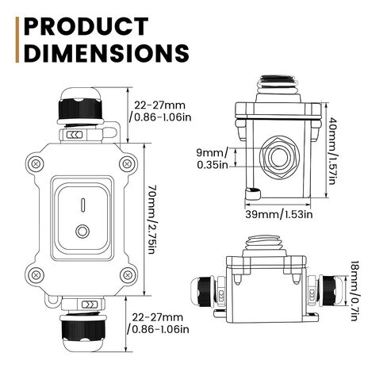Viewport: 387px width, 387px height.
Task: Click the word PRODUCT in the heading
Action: click(x=86, y=26)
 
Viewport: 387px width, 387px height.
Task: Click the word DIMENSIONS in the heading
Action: click(x=106, y=52)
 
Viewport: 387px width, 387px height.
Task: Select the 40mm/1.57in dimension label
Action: click(x=332, y=151)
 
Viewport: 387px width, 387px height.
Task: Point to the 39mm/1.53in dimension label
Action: click(x=279, y=214)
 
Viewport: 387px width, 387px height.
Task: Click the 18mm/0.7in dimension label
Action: click(x=354, y=291)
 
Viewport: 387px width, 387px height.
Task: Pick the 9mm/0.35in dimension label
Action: click(x=213, y=159)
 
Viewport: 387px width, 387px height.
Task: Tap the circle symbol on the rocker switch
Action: click(x=82, y=232)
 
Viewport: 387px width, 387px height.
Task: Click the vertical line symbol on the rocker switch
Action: click(x=83, y=205)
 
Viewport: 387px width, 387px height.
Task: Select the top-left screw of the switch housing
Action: click(x=36, y=164)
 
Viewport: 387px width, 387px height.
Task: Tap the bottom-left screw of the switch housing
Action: click(x=36, y=275)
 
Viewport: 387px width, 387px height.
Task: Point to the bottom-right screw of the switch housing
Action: click(x=128, y=275)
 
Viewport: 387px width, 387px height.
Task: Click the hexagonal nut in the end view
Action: click(x=279, y=158)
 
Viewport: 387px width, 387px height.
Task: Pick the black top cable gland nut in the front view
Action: click(x=80, y=109)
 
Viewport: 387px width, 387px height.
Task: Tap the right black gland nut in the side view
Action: click(x=328, y=290)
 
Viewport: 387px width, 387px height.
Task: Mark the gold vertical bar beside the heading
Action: click(x=17, y=40)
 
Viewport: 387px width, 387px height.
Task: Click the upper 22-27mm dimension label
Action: click(x=160, y=111)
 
